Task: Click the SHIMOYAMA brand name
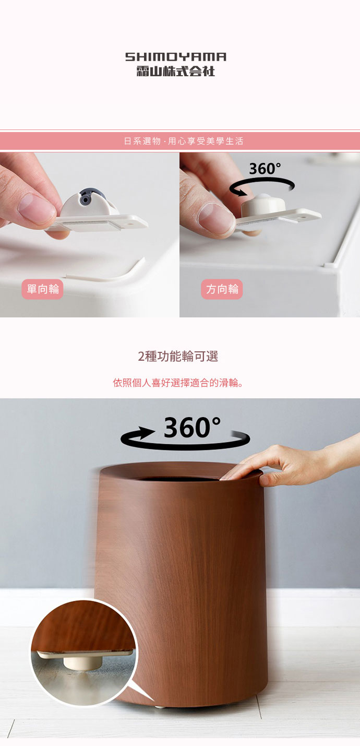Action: (176, 57)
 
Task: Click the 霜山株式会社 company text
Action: (176, 72)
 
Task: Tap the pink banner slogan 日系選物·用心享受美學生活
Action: (184, 141)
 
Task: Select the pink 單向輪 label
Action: (43, 289)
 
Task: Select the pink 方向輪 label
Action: (222, 289)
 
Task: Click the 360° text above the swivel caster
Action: (265, 169)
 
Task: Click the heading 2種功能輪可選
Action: (178, 357)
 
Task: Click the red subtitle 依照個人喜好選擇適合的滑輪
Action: (178, 383)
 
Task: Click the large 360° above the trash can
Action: (192, 427)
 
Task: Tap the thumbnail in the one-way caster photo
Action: (37, 208)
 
